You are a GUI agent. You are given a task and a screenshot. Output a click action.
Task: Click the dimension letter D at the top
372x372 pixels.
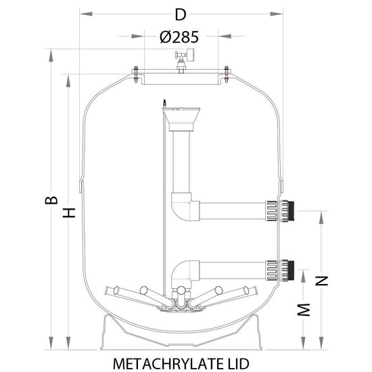click(x=181, y=15)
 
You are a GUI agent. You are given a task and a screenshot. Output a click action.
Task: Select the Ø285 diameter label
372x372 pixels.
click(x=179, y=37)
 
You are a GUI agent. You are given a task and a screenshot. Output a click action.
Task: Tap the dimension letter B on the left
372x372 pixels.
click(x=51, y=200)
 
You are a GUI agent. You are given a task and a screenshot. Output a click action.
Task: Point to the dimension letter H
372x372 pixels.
click(x=69, y=213)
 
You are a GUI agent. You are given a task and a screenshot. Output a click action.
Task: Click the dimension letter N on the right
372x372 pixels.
click(x=321, y=281)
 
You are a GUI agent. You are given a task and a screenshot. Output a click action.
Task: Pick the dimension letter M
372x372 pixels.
click(x=304, y=310)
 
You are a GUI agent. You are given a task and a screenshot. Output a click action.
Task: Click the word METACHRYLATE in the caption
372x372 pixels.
click(x=166, y=363)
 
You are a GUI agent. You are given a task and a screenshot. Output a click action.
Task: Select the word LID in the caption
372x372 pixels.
click(x=237, y=363)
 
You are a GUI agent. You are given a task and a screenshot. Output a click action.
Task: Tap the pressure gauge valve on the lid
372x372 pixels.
click(x=185, y=60)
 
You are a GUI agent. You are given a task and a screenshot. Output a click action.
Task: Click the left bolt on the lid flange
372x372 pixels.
click(x=136, y=74)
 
